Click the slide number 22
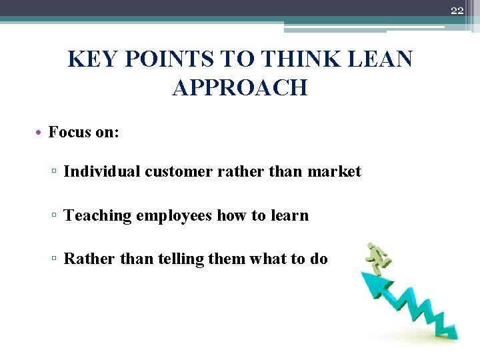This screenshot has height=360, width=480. click(x=457, y=10)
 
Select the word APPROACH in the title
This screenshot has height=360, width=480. click(x=240, y=88)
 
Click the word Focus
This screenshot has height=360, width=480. click(x=69, y=132)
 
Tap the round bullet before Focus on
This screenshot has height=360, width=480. click(x=41, y=133)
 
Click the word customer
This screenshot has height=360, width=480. click(x=177, y=171)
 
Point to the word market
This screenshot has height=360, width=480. click(x=334, y=171)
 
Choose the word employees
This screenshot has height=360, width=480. click(x=174, y=215)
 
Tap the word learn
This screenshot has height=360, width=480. click(x=288, y=215)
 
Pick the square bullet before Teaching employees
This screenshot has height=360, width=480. click(x=55, y=216)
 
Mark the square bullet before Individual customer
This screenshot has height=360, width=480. click(x=55, y=172)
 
